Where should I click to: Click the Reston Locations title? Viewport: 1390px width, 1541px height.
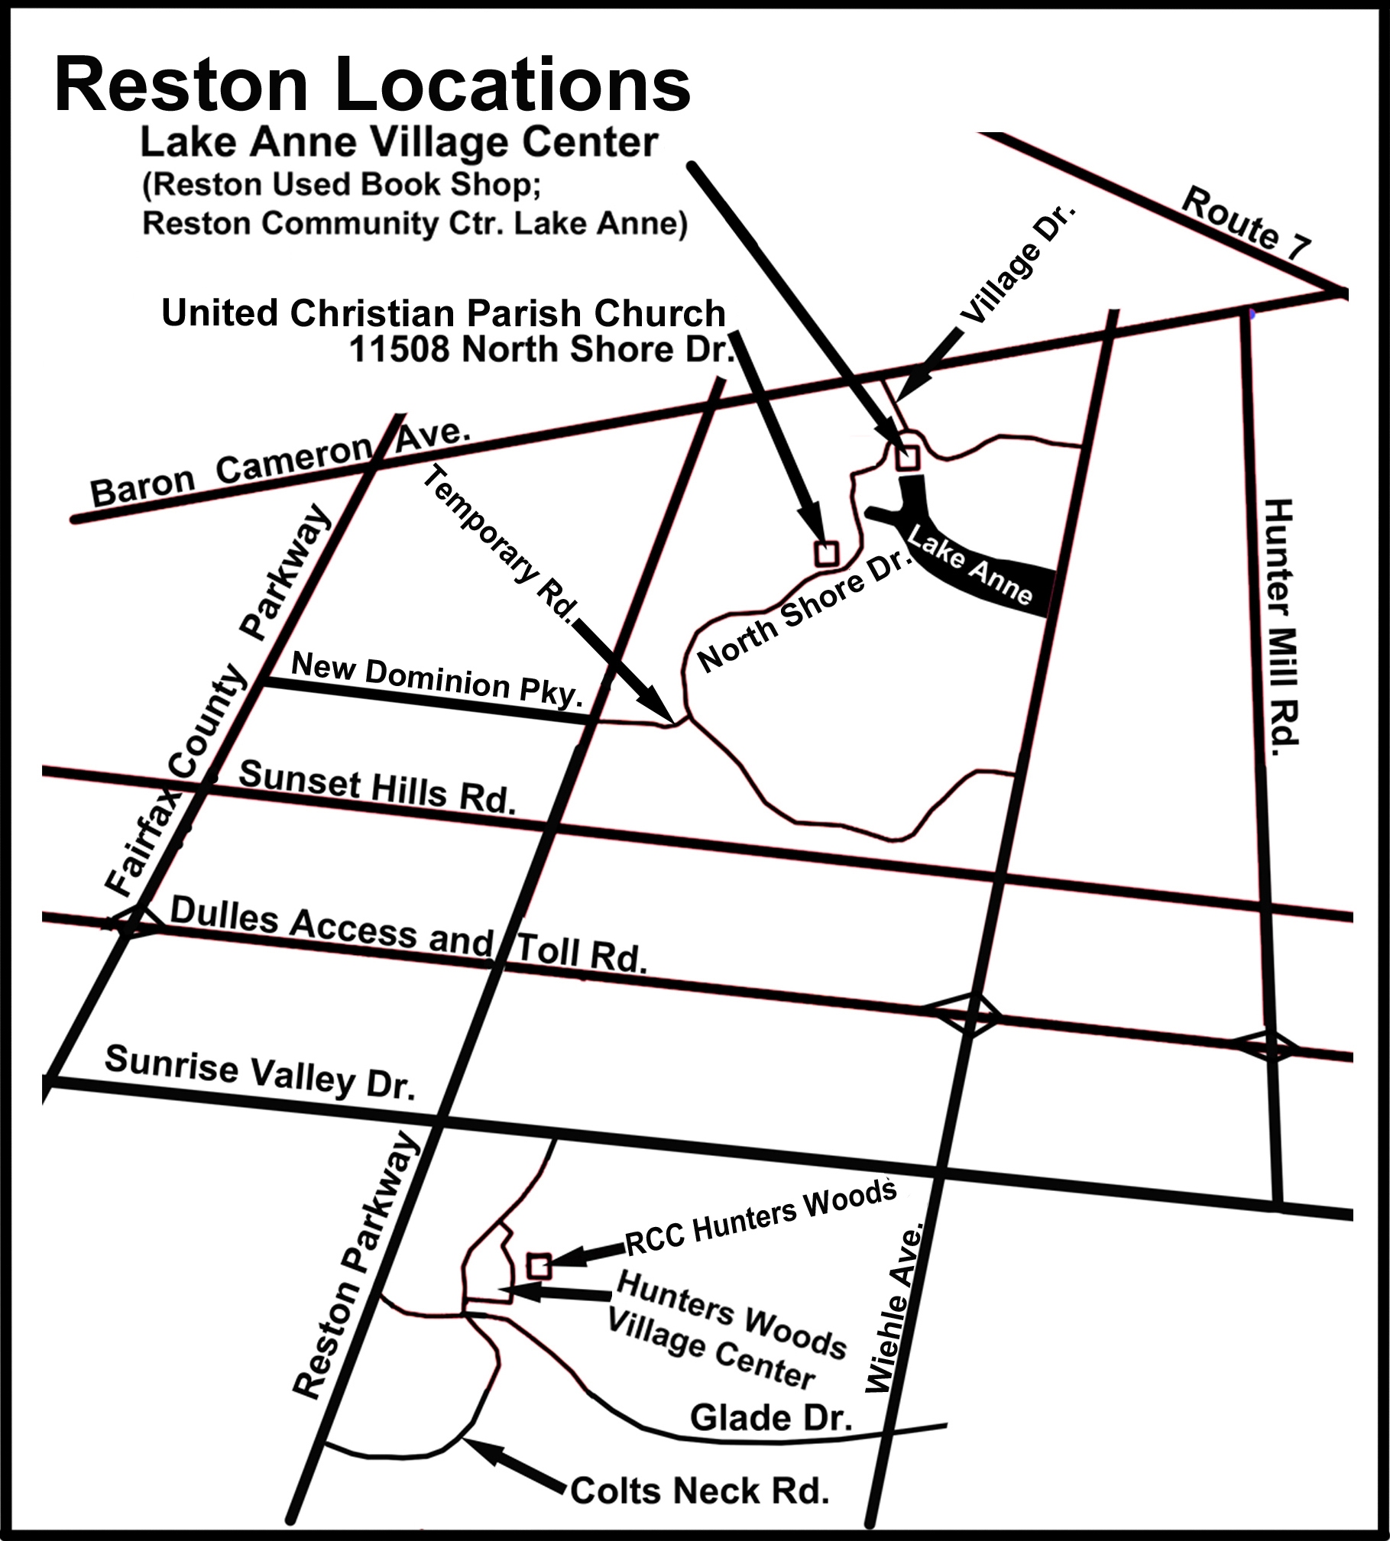pyautogui.click(x=372, y=86)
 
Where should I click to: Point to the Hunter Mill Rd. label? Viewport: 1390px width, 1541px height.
pyautogui.click(x=1281, y=626)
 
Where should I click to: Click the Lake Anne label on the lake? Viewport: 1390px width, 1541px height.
pyautogui.click(x=970, y=569)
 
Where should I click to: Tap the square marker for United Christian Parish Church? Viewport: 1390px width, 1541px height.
pyautogui.click(x=826, y=552)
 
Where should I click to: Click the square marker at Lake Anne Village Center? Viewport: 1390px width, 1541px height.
pyautogui.click(x=907, y=458)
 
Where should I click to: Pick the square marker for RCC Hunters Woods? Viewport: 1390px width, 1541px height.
pyautogui.click(x=539, y=1266)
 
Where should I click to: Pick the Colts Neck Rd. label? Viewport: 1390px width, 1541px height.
pyautogui.click(x=699, y=1490)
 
